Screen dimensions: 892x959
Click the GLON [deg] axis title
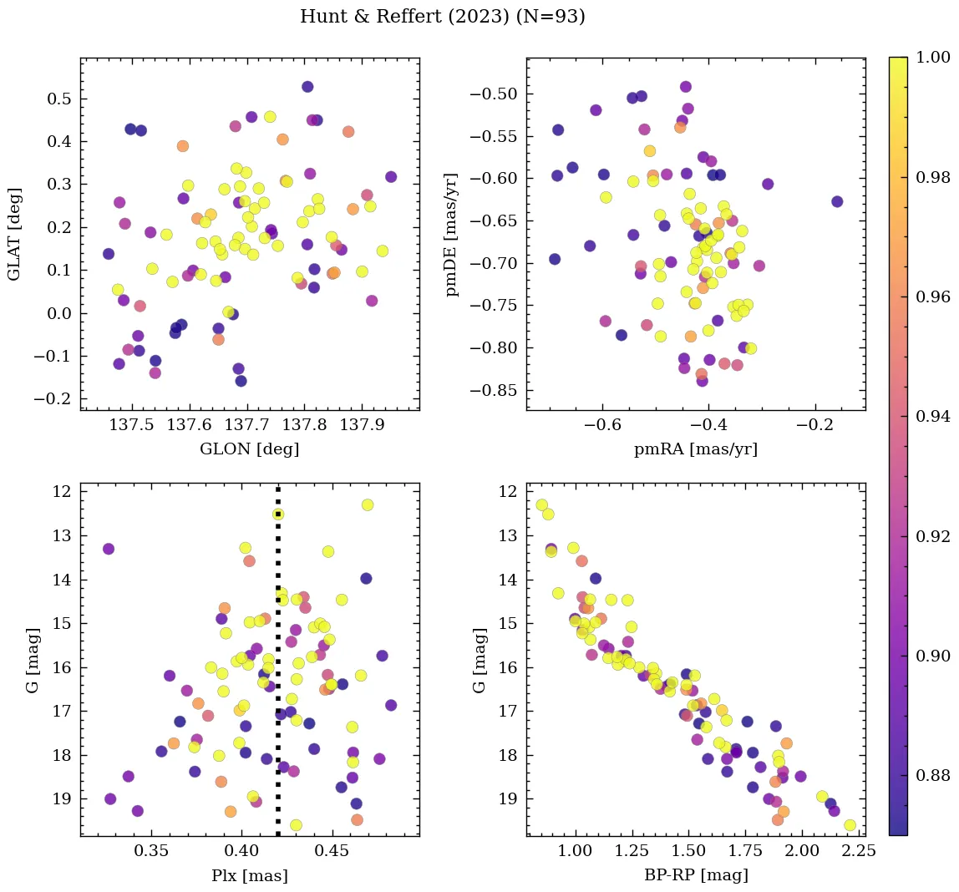[x=249, y=449]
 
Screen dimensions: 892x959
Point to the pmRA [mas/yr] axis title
[x=695, y=449]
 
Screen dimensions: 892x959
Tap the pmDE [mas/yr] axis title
[x=453, y=234]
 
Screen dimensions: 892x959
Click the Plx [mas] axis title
[x=249, y=875]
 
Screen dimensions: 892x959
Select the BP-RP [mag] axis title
[x=695, y=875]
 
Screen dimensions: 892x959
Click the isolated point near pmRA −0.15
[x=837, y=201]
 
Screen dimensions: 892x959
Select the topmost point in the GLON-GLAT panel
[x=307, y=87]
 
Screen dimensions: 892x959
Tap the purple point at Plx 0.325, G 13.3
[x=108, y=549]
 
